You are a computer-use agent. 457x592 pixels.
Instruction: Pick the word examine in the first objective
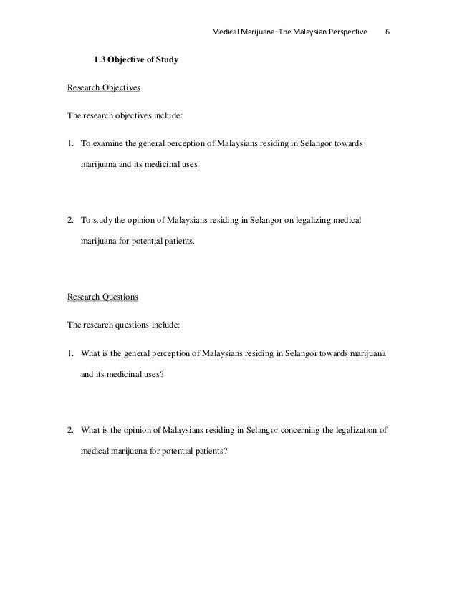point(105,144)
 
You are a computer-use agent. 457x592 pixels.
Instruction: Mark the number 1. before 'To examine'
point(71,144)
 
